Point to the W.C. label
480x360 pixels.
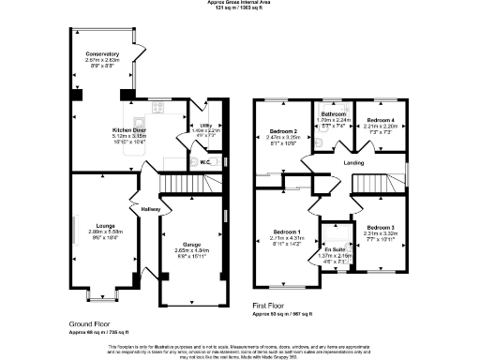click(205, 161)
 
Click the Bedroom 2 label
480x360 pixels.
click(283, 130)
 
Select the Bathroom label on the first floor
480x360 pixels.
click(335, 113)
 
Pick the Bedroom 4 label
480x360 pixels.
click(380, 120)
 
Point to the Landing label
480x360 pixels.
click(354, 162)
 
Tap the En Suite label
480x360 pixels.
click(335, 247)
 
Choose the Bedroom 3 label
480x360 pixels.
click(380, 228)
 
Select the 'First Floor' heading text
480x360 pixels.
click(271, 306)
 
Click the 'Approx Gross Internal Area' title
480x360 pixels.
click(240, 3)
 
